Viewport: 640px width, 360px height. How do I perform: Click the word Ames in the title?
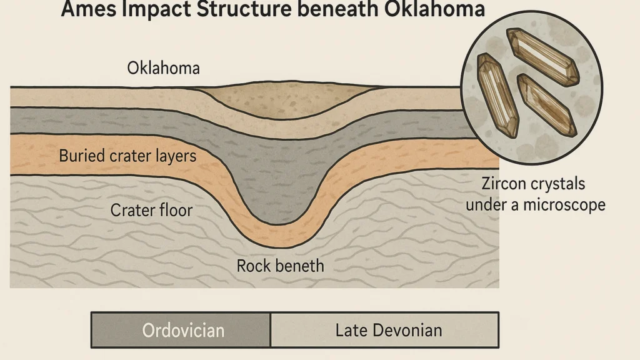tap(88, 8)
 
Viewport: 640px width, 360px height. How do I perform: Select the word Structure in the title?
tap(244, 8)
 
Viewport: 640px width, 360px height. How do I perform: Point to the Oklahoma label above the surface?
tap(163, 68)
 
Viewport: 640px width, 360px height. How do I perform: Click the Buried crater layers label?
tap(127, 156)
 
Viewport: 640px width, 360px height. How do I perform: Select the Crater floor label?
tap(151, 210)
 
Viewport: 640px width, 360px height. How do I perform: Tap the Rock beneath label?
tap(281, 266)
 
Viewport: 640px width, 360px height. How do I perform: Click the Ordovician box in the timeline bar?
tap(181, 330)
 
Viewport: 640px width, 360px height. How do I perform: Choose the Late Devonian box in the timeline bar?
tap(384, 330)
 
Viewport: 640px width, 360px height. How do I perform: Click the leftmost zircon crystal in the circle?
tap(497, 95)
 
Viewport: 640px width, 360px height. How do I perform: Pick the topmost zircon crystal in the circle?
tap(542, 56)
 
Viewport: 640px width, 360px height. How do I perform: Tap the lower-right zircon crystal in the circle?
tap(546, 105)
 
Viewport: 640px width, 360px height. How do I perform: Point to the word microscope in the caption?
tap(564, 205)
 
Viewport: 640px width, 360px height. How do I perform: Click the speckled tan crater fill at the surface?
tap(286, 99)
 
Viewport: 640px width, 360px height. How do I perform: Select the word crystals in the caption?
tap(555, 184)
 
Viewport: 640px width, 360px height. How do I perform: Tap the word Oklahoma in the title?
tap(435, 8)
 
